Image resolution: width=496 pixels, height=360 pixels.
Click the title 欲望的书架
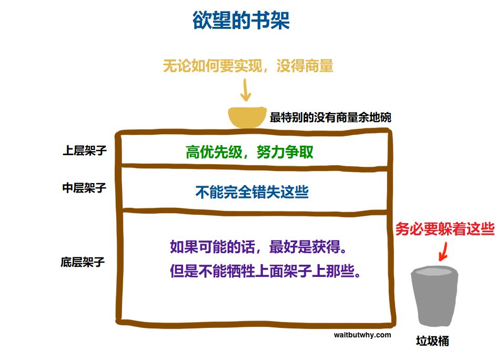241,20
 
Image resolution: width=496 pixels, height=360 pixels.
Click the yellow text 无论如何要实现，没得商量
248,66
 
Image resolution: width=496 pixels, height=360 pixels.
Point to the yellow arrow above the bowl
246,90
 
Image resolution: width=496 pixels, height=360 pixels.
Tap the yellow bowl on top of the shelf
247,117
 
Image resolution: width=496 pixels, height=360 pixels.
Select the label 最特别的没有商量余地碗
330,117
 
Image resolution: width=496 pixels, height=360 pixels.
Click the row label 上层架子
85,151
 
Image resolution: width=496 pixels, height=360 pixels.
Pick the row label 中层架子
85,188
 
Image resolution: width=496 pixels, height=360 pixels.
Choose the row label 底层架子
83,262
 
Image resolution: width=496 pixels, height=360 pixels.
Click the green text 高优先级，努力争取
249,152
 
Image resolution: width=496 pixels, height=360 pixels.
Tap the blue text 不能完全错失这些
252,192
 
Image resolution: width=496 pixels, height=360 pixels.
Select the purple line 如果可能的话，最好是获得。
258,247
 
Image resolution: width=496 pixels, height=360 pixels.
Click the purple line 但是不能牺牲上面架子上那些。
266,271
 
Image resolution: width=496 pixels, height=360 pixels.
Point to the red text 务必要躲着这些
445,228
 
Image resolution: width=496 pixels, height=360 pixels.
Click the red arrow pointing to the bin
443,252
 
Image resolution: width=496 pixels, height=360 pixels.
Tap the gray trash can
434,296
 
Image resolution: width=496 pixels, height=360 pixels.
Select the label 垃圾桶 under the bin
432,341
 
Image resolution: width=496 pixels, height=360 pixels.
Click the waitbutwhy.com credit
362,335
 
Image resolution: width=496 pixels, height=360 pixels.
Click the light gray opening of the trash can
434,272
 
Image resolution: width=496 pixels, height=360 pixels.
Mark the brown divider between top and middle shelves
255,166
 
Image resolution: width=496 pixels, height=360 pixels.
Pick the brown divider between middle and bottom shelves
255,211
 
